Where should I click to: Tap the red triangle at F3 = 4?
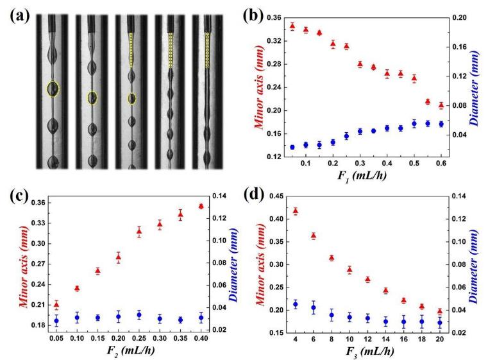(295, 211)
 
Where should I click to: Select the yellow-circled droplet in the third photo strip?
(132, 98)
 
